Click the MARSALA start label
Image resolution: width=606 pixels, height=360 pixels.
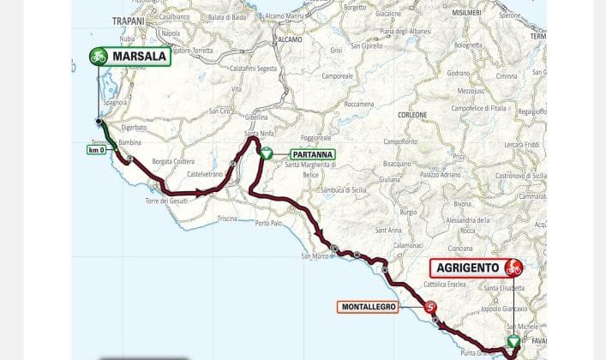(x=139, y=57)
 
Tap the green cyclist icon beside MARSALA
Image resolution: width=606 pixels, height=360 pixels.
(x=99, y=57)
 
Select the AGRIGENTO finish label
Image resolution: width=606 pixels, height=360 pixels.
(x=467, y=267)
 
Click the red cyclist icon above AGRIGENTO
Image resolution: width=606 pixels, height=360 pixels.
(x=513, y=267)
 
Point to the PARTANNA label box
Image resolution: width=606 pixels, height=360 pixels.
(x=306, y=154)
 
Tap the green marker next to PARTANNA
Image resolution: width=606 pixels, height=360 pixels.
(x=266, y=153)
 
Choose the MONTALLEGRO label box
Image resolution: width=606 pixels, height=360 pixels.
(x=368, y=307)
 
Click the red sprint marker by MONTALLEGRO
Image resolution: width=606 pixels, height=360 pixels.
(x=430, y=308)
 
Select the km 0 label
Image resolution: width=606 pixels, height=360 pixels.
(x=96, y=150)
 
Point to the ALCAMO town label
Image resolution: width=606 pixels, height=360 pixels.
(x=289, y=39)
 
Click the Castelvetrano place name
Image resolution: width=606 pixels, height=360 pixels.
(x=206, y=173)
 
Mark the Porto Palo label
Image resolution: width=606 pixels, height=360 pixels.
(x=269, y=223)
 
